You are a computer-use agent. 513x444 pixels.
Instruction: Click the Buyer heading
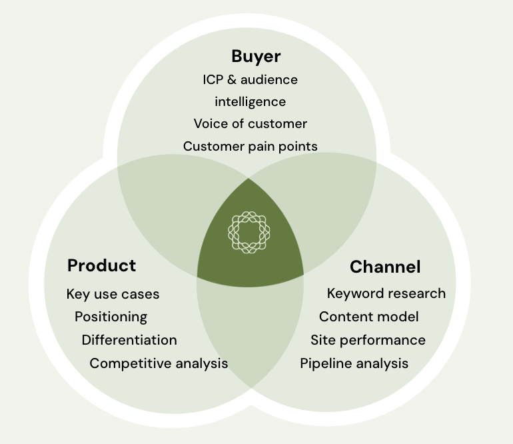(x=256, y=57)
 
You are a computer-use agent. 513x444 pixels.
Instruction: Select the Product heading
(x=101, y=265)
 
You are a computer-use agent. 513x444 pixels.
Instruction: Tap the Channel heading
(x=385, y=267)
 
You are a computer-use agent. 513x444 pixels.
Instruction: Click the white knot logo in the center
(x=249, y=232)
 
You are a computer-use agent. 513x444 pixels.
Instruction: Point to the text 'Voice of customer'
(x=251, y=124)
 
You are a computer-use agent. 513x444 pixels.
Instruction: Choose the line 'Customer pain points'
(x=251, y=147)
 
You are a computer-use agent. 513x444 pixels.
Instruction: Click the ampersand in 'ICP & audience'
(x=231, y=80)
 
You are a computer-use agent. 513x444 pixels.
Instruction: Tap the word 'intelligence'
(x=251, y=102)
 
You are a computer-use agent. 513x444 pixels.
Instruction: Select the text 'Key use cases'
(x=113, y=294)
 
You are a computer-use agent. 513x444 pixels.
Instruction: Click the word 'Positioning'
(x=111, y=317)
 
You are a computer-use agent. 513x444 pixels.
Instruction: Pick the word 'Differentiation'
(x=129, y=340)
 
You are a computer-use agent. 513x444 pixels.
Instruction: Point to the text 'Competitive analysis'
(x=159, y=363)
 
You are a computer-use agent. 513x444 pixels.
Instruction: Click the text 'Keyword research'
(x=386, y=293)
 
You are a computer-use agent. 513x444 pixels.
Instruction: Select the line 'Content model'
(x=368, y=317)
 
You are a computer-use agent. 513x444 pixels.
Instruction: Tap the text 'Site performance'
(x=368, y=340)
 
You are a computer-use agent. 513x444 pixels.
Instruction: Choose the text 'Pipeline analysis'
(x=354, y=363)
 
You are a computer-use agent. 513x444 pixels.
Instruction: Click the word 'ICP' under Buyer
(x=213, y=80)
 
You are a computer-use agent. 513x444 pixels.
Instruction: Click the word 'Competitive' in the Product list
(x=131, y=363)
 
